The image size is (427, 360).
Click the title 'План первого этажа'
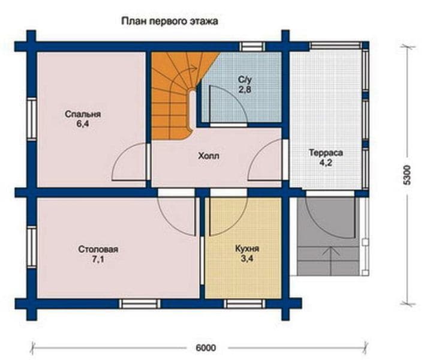pyautogui.click(x=169, y=21)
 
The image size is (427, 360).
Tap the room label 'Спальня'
pyautogui.click(x=83, y=114)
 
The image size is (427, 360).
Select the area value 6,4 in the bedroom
pyautogui.click(x=83, y=124)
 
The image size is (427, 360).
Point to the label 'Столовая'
pyautogui.click(x=98, y=249)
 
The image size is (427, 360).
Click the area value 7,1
pyautogui.click(x=98, y=259)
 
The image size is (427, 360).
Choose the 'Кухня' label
pyautogui.click(x=247, y=248)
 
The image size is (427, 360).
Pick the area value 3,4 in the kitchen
pyautogui.click(x=246, y=259)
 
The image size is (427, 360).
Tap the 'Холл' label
pyautogui.click(x=209, y=156)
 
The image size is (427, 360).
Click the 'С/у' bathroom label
pyautogui.click(x=245, y=80)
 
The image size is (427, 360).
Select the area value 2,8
pyautogui.click(x=245, y=89)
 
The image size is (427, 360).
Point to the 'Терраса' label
pyautogui.click(x=326, y=152)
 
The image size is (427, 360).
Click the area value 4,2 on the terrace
pyautogui.click(x=326, y=163)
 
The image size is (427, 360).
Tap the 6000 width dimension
pyautogui.click(x=206, y=347)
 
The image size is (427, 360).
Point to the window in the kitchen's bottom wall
pyautogui.click(x=244, y=304)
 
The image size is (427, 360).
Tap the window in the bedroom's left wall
pyautogui.click(x=32, y=119)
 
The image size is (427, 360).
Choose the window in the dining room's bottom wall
pyautogui.click(x=140, y=304)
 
